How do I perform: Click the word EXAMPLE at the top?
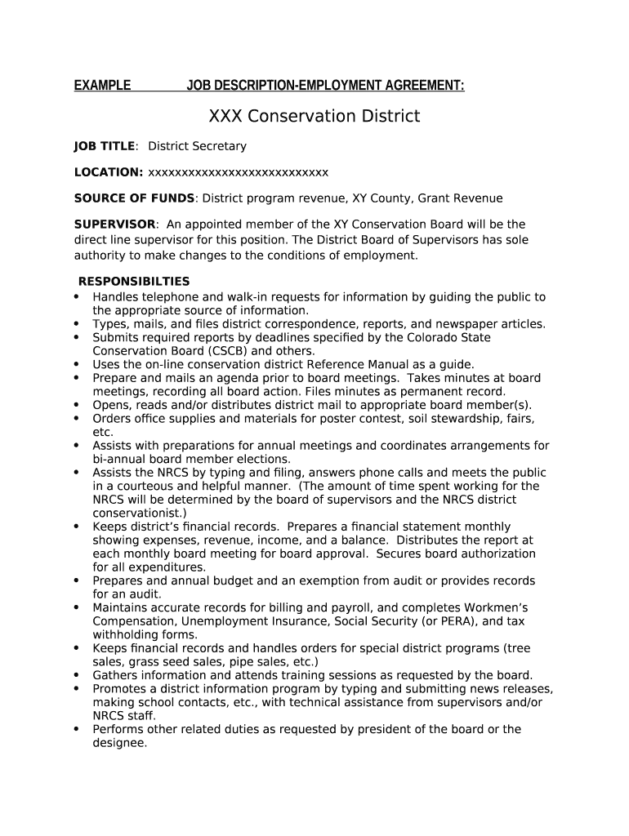click(x=102, y=85)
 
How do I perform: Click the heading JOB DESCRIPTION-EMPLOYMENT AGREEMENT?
click(x=325, y=85)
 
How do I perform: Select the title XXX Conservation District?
click(x=314, y=117)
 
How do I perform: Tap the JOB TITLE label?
click(x=104, y=146)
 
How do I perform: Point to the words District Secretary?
click(x=197, y=146)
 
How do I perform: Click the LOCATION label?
click(x=108, y=172)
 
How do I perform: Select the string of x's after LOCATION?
click(x=238, y=172)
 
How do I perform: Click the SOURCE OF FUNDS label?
click(x=135, y=198)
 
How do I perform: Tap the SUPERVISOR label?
click(x=114, y=225)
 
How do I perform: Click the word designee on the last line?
click(x=119, y=743)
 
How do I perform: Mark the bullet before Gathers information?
click(x=77, y=675)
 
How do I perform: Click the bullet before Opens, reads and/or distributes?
click(x=77, y=405)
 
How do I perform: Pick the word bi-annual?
click(x=118, y=459)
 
